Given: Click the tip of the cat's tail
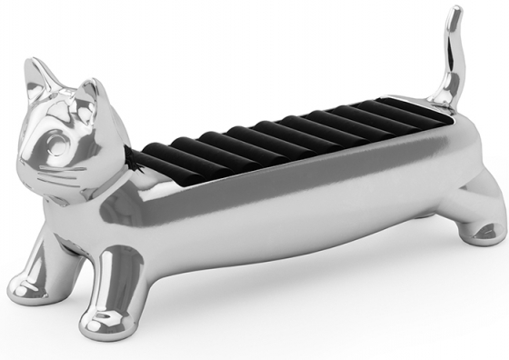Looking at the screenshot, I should (x=450, y=12).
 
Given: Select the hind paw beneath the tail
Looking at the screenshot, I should (x=482, y=231).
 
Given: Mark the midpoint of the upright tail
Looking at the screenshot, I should (x=453, y=55).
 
